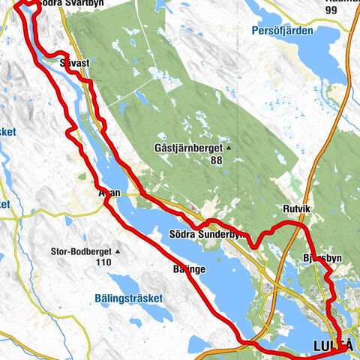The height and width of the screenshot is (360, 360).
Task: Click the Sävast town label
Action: (76, 64)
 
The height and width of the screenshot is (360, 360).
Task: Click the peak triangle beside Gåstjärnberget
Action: (229, 148)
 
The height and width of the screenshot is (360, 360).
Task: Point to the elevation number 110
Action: (103, 262)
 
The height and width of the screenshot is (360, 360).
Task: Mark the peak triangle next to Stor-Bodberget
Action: (118, 251)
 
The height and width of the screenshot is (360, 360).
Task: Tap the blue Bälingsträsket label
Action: (128, 298)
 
